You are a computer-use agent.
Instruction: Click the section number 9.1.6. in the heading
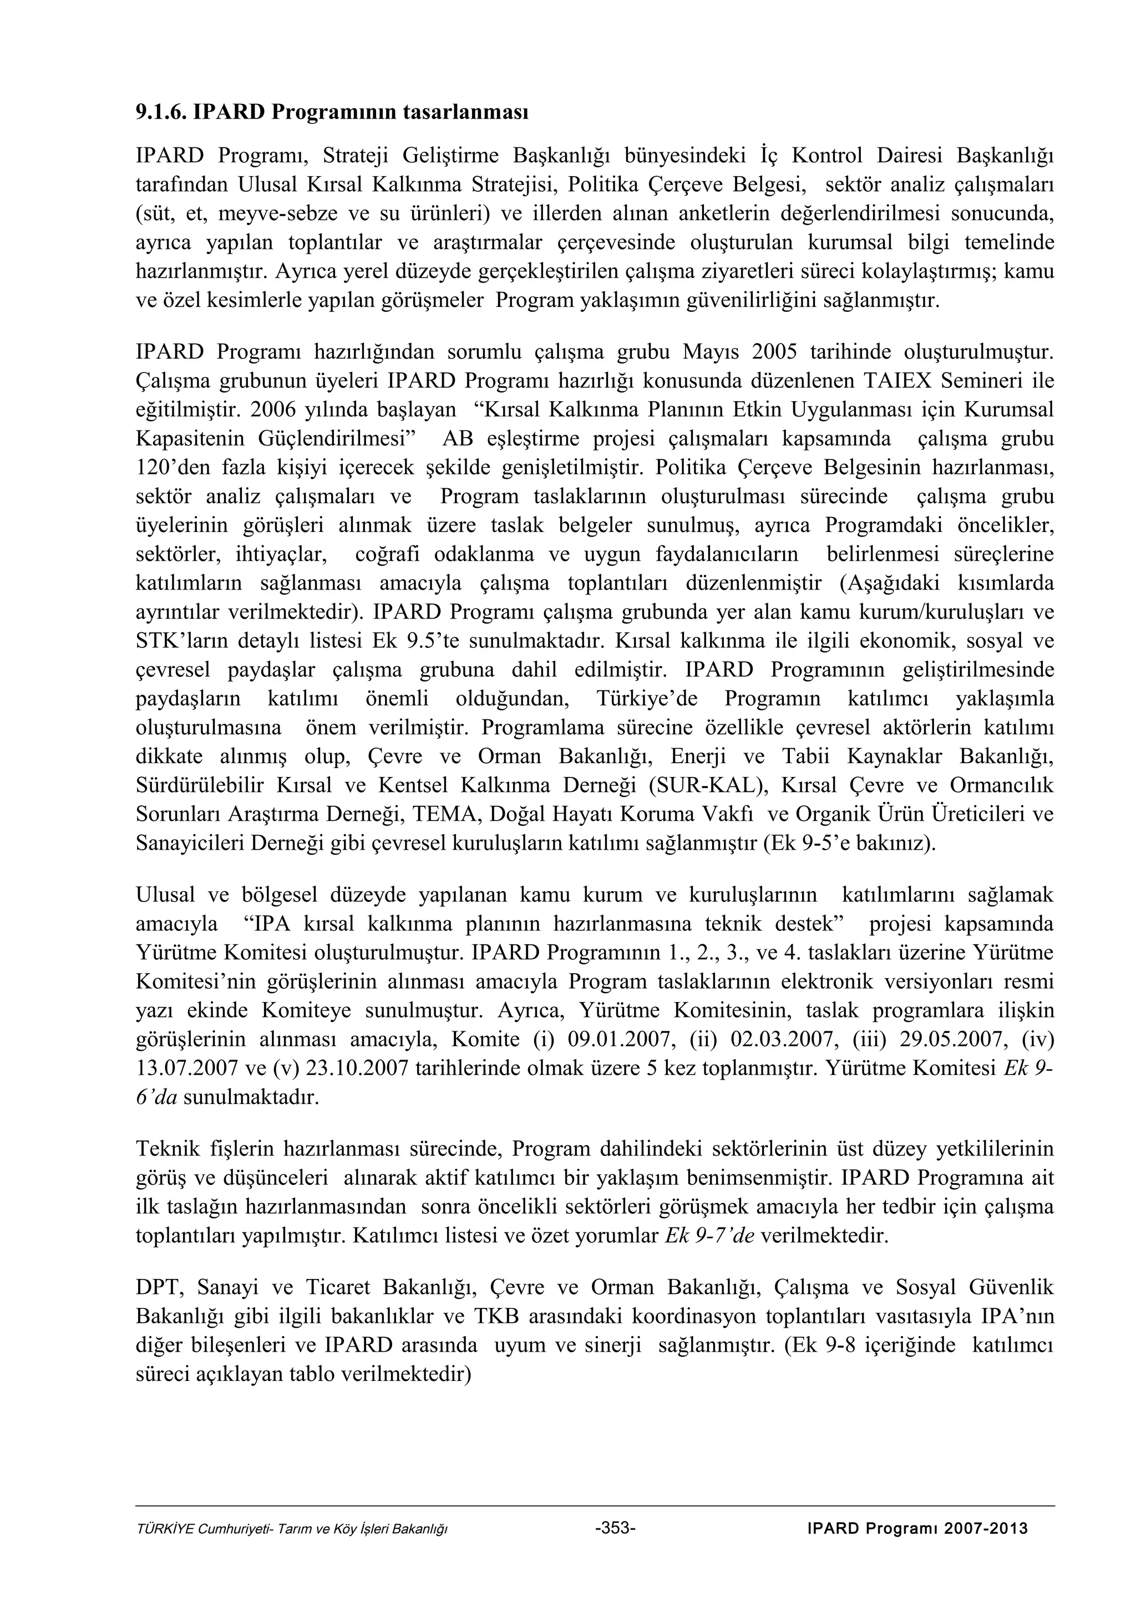(x=161, y=112)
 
